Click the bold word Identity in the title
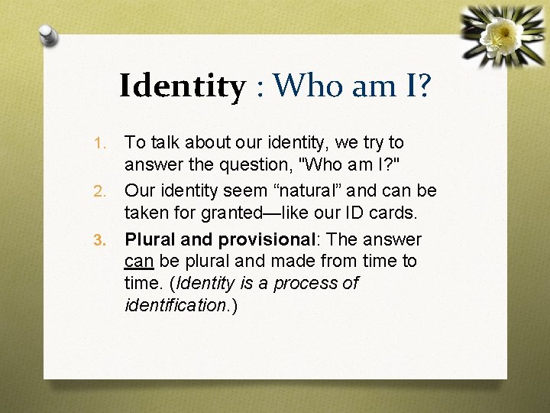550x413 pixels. coord(182,86)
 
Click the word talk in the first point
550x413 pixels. coord(164,142)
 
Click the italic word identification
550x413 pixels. coord(174,306)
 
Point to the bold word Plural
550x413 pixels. coord(150,239)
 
